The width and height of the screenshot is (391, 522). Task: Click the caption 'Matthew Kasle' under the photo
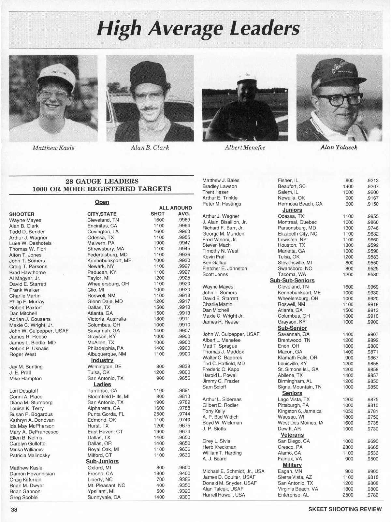coord(53,148)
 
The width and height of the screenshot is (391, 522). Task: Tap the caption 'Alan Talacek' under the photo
coord(339,147)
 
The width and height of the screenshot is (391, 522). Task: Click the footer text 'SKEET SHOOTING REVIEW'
coord(345,509)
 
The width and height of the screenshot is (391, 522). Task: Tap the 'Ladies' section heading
coord(102,384)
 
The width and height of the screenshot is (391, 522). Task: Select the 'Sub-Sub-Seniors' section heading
coord(292,281)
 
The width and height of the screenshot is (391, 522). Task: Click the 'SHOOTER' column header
coord(22,214)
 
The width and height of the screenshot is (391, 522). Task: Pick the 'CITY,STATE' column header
coord(102,214)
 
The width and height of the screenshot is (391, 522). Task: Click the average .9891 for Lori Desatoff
coord(184,390)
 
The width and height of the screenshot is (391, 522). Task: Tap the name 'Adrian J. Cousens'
coord(30,319)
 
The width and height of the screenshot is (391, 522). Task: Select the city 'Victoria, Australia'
coord(107,319)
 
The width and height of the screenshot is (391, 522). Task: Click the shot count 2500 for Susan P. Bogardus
coord(159,414)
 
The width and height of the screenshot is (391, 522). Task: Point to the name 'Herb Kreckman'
coord(219,447)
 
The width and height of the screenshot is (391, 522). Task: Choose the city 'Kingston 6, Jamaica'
coord(299,411)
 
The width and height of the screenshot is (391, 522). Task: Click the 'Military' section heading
coord(292,465)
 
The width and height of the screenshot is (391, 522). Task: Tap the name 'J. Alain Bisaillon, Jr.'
coord(224,222)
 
